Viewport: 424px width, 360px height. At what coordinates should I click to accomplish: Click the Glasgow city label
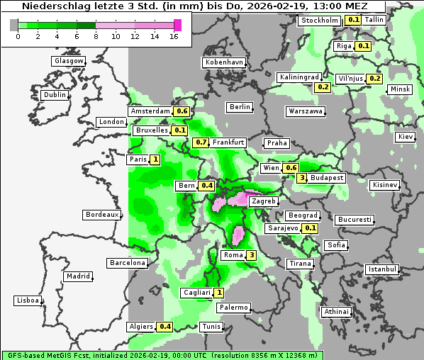coord(68,61)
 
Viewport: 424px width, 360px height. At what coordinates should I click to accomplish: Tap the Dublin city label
coord(54,95)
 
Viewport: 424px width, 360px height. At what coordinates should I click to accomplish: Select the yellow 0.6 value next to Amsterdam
coord(182,111)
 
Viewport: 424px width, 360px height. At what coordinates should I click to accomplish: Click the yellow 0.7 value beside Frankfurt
coord(201,142)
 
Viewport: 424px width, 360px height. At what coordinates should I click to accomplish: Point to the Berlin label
coord(240,107)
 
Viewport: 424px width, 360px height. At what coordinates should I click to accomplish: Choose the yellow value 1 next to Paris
coord(155,160)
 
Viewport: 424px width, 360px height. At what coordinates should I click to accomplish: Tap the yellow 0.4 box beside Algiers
coord(165,327)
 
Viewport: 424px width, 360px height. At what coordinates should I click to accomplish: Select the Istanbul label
coord(381,269)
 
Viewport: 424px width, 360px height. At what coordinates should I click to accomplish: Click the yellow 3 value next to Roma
coord(251,255)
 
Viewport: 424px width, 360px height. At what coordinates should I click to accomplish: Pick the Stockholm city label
coord(319,21)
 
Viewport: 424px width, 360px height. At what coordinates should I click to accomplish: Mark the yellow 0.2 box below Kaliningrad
coord(323,87)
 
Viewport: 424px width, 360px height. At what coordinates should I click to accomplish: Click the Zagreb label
coord(264,201)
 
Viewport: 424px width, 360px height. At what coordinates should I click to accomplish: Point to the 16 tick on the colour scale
coord(174,36)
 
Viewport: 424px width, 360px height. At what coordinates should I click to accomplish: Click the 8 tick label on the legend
coord(96,36)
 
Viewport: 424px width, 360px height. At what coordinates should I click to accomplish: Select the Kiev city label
coord(405,137)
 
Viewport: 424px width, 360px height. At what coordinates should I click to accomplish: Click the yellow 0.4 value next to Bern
coord(206,186)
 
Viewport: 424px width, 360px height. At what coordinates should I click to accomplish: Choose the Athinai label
coord(336,312)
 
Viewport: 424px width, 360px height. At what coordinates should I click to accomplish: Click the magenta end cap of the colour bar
coord(177,26)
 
